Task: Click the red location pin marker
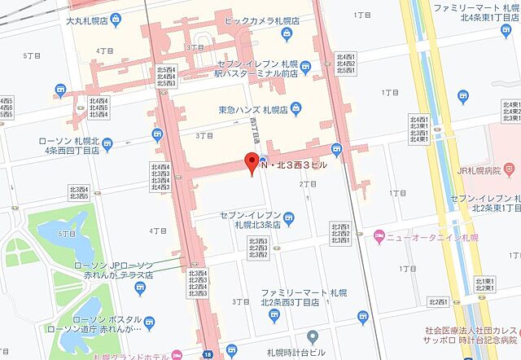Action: point(252,160)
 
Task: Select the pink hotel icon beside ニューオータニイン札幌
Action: point(379,236)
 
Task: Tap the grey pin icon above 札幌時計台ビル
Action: point(312,336)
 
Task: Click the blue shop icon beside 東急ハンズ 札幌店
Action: point(296,108)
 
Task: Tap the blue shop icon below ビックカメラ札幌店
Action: point(287,33)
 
